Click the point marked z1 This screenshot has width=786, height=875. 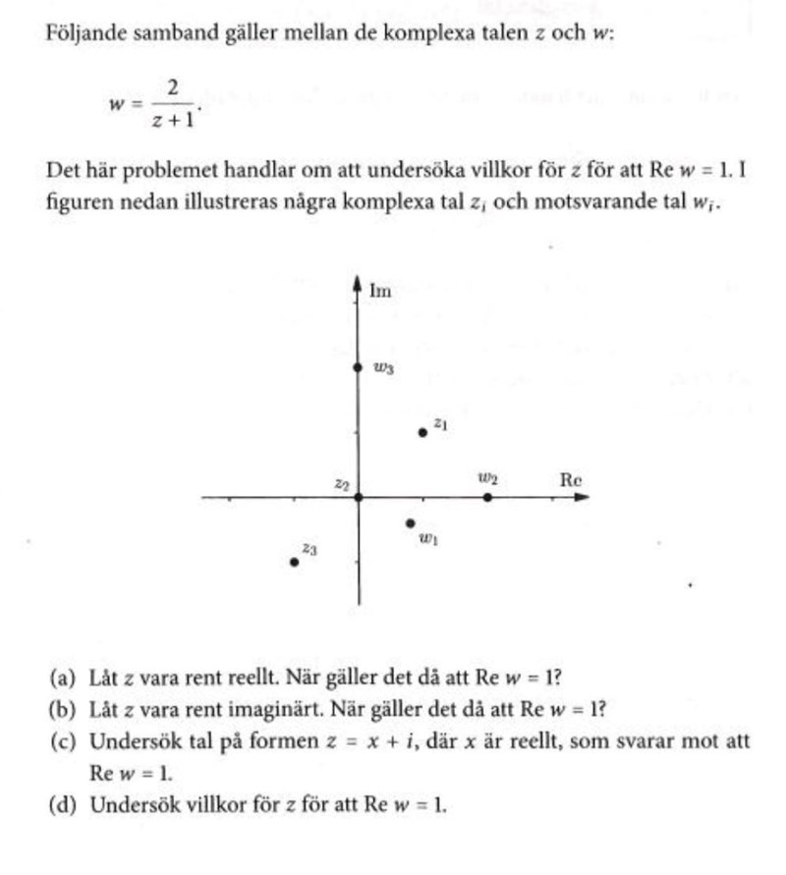point(423,432)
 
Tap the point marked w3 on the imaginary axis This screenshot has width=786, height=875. point(358,367)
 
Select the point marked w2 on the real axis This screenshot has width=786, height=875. point(488,497)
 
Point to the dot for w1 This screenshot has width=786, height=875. point(411,523)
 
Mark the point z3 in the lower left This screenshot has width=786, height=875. point(294,562)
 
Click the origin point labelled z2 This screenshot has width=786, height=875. point(358,497)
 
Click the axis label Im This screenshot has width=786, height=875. point(380,290)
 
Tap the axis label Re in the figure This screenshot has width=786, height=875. point(571,480)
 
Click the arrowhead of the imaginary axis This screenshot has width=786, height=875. point(358,283)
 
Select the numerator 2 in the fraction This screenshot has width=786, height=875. point(173,89)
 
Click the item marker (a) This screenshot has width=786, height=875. point(61,678)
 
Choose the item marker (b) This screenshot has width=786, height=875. point(61,709)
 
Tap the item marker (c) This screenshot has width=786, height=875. point(61,741)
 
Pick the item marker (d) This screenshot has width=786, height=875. point(61,805)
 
